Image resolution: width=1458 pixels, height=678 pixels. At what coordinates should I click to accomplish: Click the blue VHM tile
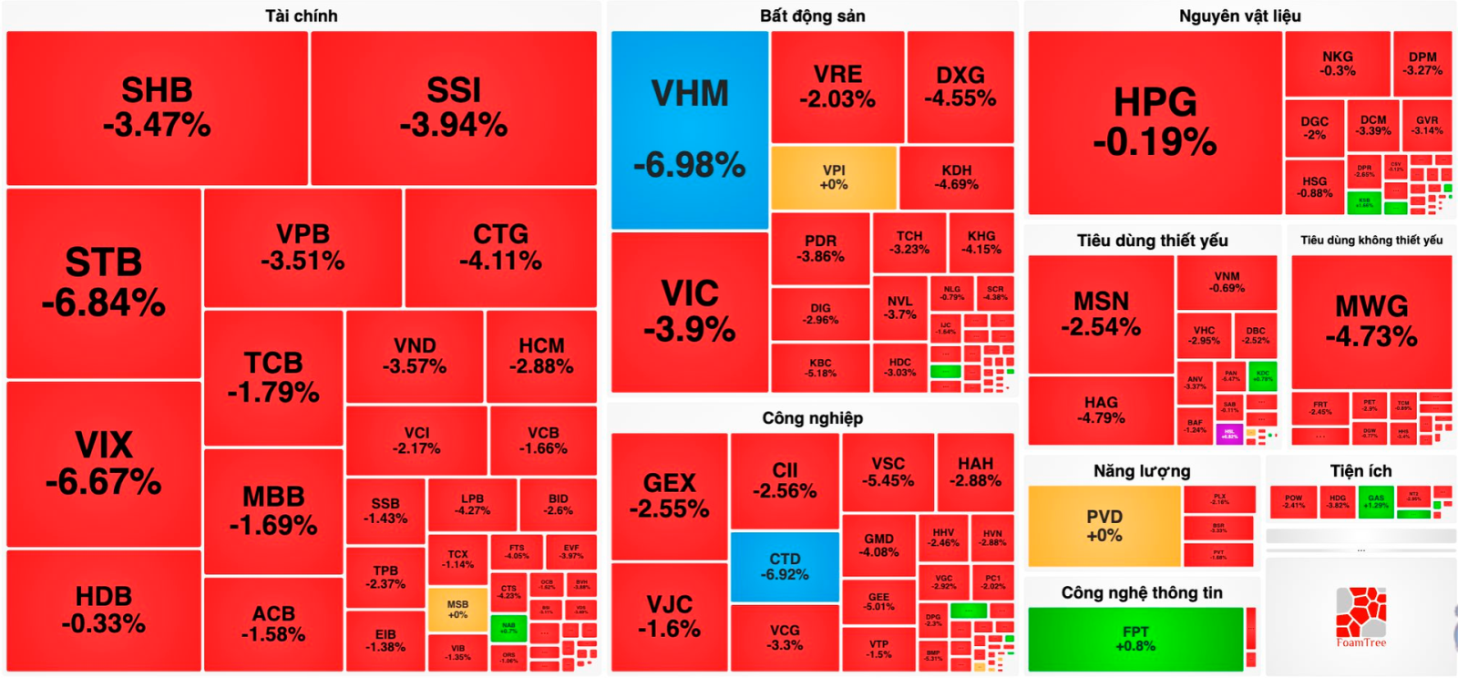pyautogui.click(x=690, y=129)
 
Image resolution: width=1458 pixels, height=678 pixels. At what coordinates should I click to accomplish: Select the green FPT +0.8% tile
pyautogui.click(x=1135, y=639)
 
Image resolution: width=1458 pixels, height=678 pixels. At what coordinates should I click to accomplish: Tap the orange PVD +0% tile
pyautogui.click(x=1104, y=526)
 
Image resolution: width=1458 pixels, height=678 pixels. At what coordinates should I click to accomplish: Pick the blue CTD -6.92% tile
pyautogui.click(x=785, y=567)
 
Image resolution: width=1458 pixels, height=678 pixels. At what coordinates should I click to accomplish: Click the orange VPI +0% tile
pyautogui.click(x=834, y=178)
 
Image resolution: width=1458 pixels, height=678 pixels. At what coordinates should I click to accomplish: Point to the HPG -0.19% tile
pyautogui.click(x=1155, y=122)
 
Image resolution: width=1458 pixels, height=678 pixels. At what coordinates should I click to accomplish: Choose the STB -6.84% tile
pyautogui.click(x=104, y=282)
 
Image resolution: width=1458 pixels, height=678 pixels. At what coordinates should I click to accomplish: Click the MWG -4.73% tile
pyautogui.click(x=1371, y=321)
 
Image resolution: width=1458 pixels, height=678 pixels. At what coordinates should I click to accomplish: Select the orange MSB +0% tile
pyautogui.click(x=457, y=610)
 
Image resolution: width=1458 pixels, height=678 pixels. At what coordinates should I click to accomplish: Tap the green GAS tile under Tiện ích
pyautogui.click(x=1376, y=501)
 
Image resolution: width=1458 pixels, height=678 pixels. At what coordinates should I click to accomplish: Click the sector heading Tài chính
pyautogui.click(x=302, y=15)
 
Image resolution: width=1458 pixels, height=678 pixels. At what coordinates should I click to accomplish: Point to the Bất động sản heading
pyautogui.click(x=812, y=15)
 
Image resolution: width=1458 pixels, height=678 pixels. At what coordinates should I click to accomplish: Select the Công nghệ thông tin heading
pyautogui.click(x=1142, y=592)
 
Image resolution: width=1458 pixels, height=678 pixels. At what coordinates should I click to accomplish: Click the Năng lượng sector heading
pyautogui.click(x=1142, y=471)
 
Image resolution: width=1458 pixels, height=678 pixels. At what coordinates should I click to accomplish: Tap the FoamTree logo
pyautogui.click(x=1361, y=617)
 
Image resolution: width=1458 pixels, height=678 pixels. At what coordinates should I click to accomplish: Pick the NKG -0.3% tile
pyautogui.click(x=1338, y=64)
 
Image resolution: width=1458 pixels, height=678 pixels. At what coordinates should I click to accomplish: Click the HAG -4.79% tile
pyautogui.click(x=1101, y=410)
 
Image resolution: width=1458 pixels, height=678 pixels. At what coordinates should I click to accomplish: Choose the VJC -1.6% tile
pyautogui.click(x=669, y=617)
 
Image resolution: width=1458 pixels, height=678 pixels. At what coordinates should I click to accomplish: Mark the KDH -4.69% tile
pyautogui.click(x=956, y=178)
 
